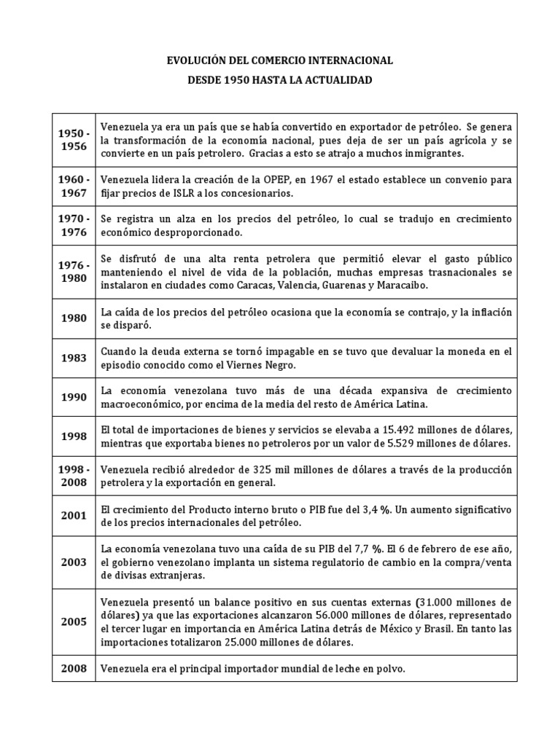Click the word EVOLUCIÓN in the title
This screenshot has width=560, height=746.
[200, 61]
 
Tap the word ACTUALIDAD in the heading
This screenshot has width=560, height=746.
[339, 80]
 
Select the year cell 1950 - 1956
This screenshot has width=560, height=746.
[74, 140]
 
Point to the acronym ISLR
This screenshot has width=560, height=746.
[197, 193]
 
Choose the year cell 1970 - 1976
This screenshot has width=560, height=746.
[74, 226]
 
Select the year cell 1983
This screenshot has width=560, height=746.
[74, 358]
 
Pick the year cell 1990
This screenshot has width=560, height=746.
[74, 398]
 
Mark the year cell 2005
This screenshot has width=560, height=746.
[74, 621]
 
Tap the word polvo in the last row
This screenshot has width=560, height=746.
[387, 668]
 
